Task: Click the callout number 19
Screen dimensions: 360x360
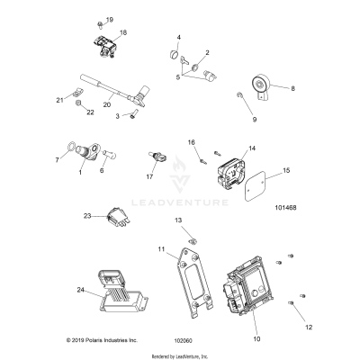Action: click(x=110, y=20)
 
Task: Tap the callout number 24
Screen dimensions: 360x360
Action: click(x=81, y=290)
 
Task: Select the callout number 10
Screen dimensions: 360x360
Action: click(x=256, y=338)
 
